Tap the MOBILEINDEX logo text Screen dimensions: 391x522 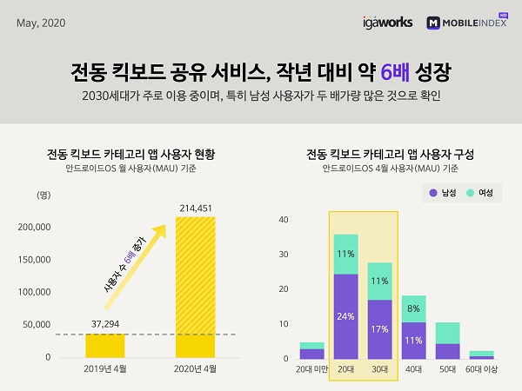coord(475,23)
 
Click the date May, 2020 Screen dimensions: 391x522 coord(41,22)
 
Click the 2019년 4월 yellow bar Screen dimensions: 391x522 coord(104,346)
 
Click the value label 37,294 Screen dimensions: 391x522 coord(104,323)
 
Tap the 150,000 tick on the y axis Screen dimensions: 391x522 coord(34,259)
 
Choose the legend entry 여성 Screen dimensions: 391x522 coord(478,192)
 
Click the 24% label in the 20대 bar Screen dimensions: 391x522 coord(345,316)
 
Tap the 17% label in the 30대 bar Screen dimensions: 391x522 coord(380,329)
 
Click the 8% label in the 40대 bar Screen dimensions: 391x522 coord(413,308)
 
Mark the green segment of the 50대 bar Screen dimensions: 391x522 coord(448,333)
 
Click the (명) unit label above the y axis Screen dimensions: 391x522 coord(43,195)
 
